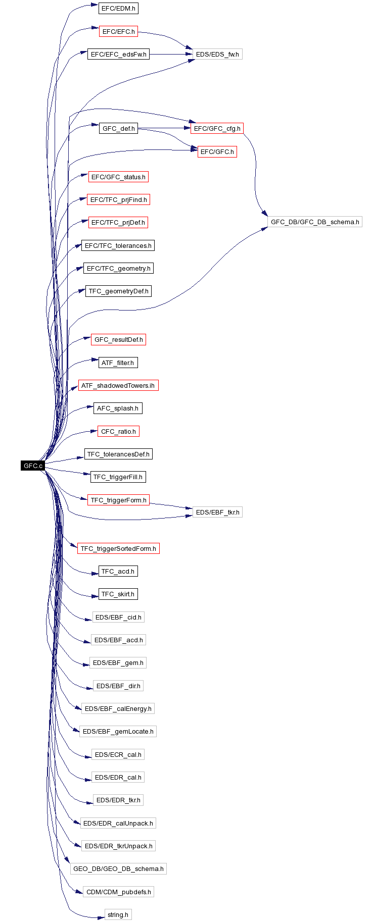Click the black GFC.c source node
pyautogui.click(x=33, y=466)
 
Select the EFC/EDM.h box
pyautogui.click(x=118, y=9)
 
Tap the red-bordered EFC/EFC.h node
pyautogui.click(x=118, y=31)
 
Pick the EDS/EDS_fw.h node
pyautogui.click(x=217, y=54)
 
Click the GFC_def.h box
pyautogui.click(x=119, y=128)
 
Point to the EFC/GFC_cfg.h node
pyautogui.click(x=217, y=128)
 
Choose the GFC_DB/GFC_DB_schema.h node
pyautogui.click(x=315, y=222)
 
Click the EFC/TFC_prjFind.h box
pyautogui.click(x=119, y=199)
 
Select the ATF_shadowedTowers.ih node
pyautogui.click(x=118, y=385)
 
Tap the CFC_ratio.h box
pyautogui.click(x=118, y=431)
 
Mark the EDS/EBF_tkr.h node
pyautogui.click(x=217, y=512)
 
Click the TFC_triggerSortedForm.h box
pyautogui.click(x=118, y=548)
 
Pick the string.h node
pyautogui.click(x=118, y=914)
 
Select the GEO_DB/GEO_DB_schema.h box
pyautogui.click(x=118, y=868)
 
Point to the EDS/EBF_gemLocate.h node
pyautogui.click(x=118, y=731)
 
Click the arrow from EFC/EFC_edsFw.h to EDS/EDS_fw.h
pyautogui.click(x=171, y=54)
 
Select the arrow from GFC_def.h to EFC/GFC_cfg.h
pyautogui.click(x=164, y=128)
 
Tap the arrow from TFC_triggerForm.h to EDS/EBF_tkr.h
pyautogui.click(x=171, y=506)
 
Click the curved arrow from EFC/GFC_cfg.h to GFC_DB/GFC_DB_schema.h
pyautogui.click(x=255, y=174)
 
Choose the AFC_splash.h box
pyautogui.click(x=118, y=408)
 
